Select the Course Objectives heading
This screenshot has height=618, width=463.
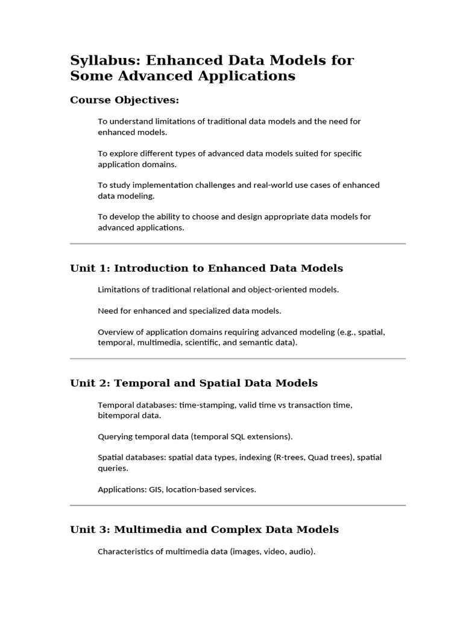(125, 100)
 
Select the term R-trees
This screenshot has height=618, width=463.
(291, 457)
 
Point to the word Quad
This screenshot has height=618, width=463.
(318, 457)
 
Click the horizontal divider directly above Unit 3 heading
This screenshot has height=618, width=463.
(238, 505)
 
